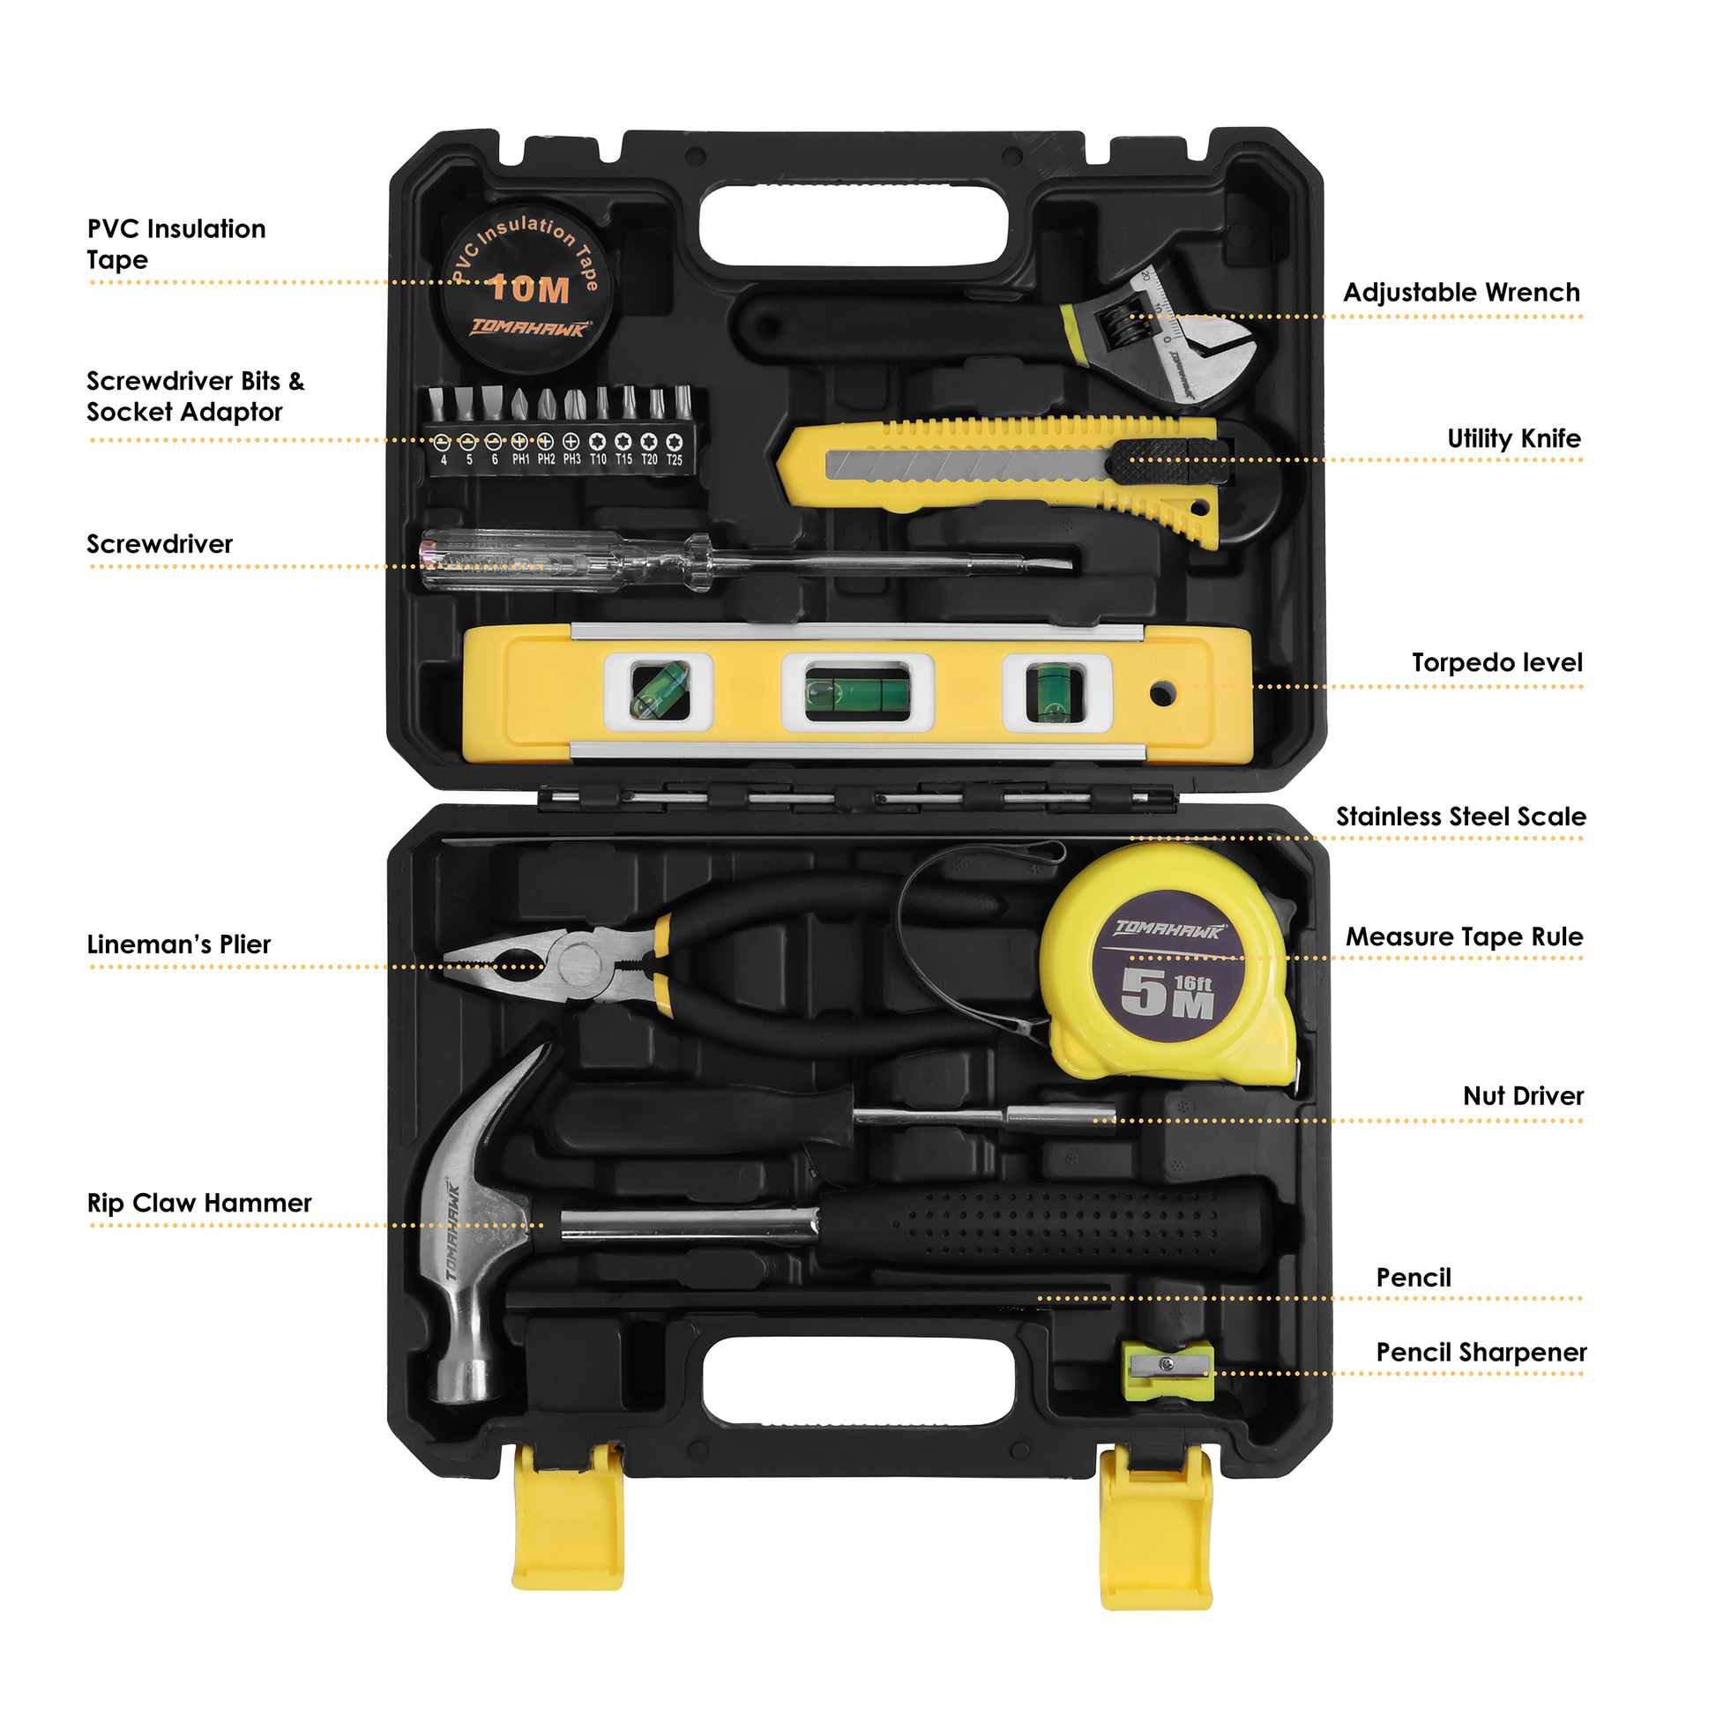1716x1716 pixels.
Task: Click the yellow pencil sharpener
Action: tap(1168, 1370)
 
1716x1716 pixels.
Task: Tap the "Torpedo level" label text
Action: tap(1496, 662)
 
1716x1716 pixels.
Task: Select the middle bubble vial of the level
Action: tap(857, 693)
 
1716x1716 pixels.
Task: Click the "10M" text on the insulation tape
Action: tap(529, 288)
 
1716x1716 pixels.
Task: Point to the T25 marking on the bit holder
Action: tap(675, 460)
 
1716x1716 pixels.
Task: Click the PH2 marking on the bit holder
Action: tap(546, 459)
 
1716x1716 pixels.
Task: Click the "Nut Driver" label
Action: tap(1523, 1096)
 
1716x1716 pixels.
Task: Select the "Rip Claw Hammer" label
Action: tap(199, 1203)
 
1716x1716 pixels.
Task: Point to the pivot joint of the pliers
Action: tap(579, 963)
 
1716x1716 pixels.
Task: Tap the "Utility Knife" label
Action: tap(1513, 439)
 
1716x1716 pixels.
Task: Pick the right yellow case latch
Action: tap(1156, 1526)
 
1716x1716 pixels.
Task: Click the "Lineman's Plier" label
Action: tap(178, 944)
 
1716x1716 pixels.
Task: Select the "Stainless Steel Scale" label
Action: tap(1461, 817)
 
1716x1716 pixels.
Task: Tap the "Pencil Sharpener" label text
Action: tap(1481, 1353)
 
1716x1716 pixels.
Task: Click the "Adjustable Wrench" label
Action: tap(1462, 292)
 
